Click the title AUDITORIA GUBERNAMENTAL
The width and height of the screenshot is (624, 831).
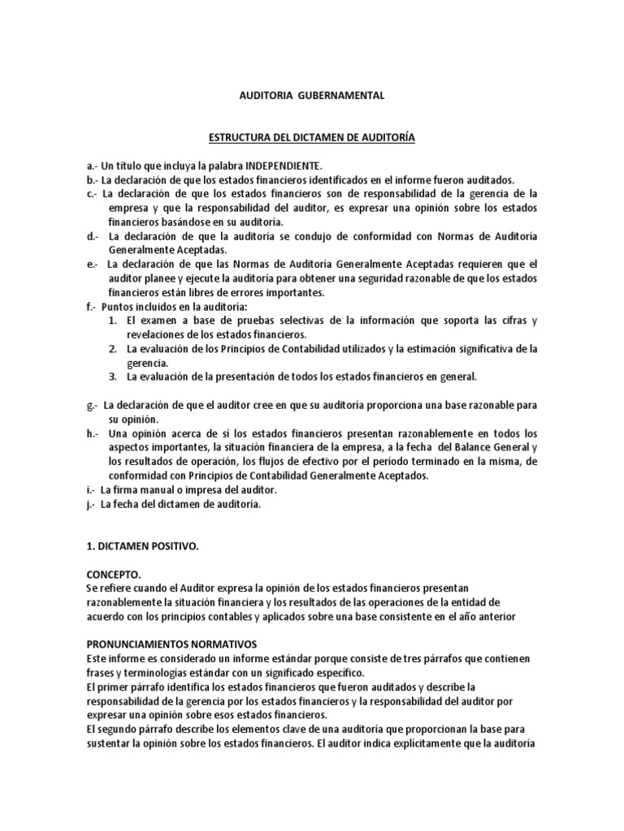311,96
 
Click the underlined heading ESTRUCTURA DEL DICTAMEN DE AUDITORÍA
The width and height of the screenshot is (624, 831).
311,139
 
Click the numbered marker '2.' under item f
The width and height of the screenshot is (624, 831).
115,349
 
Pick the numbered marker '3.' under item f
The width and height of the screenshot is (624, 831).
115,377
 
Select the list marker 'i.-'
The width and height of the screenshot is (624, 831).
89,490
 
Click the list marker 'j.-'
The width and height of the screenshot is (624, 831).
89,505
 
